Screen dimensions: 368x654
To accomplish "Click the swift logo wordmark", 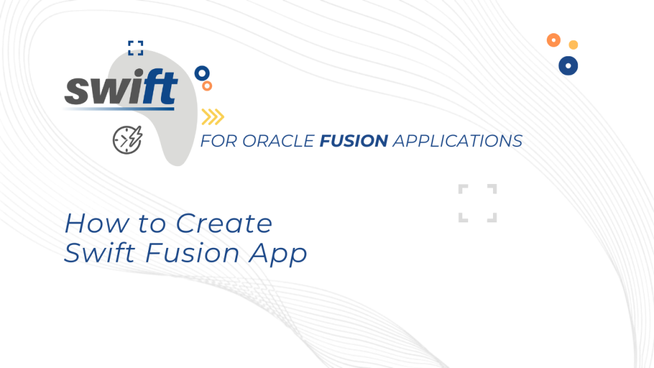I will (121, 89).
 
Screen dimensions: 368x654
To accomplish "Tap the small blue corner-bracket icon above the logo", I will (135, 48).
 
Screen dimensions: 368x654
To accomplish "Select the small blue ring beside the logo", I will (202, 72).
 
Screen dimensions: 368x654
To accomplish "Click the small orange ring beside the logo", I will (207, 85).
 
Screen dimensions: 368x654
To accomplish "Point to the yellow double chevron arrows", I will (213, 116).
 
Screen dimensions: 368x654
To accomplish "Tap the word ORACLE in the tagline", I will (278, 141).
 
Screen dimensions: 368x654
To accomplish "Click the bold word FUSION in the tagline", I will (353, 141).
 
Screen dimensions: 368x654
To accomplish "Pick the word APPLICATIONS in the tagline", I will (457, 141).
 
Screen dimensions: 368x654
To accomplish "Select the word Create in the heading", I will (224, 224).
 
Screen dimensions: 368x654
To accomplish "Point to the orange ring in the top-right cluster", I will (554, 40).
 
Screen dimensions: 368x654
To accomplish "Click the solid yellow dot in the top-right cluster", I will (574, 45).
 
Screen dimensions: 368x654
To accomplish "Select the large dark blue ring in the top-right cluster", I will (568, 65).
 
